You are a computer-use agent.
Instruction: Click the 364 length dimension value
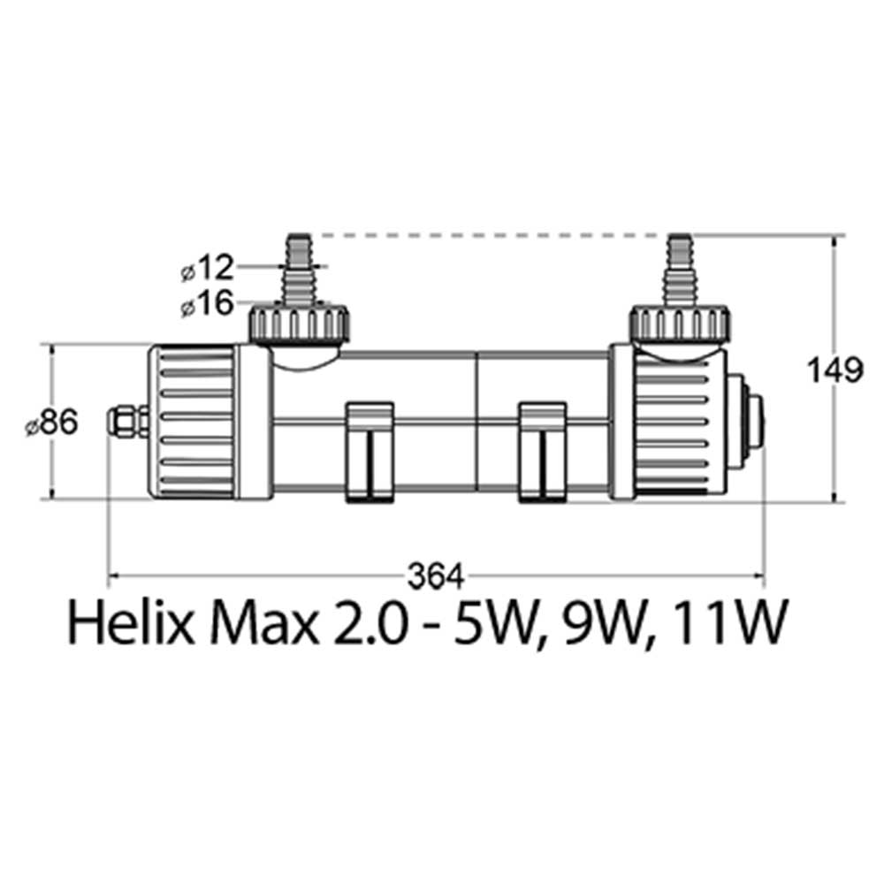(x=435, y=577)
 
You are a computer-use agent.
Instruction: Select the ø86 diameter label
(x=52, y=423)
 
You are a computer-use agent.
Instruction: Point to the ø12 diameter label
(x=207, y=267)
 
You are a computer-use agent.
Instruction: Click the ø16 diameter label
(x=207, y=305)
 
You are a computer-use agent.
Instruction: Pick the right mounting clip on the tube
(x=542, y=451)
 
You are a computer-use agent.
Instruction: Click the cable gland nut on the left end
(x=128, y=421)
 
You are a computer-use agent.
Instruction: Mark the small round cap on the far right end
(x=752, y=421)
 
